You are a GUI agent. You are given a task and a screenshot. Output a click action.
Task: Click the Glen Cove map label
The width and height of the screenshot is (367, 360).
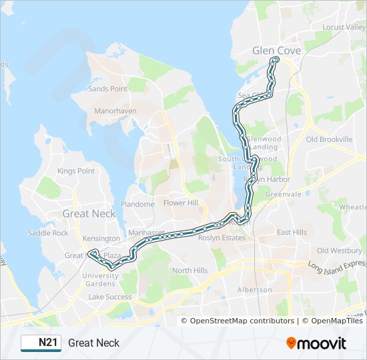(276, 51)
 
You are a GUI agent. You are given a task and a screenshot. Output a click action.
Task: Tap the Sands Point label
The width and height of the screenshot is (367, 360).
(107, 89)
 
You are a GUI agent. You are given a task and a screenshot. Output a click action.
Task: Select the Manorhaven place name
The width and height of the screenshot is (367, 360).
(115, 111)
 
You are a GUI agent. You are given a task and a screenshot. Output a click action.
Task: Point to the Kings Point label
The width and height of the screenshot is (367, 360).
(76, 171)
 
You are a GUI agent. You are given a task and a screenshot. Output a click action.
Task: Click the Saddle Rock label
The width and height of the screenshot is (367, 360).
(48, 233)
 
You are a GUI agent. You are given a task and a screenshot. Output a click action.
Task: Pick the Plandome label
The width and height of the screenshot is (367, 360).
(137, 204)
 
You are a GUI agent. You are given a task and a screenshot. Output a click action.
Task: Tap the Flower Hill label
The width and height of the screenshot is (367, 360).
(181, 203)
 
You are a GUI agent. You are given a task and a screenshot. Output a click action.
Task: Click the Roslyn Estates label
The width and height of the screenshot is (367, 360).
(224, 237)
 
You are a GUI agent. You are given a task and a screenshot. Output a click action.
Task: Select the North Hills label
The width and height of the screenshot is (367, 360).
(190, 271)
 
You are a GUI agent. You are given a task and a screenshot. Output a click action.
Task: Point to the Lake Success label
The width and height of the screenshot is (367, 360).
(110, 297)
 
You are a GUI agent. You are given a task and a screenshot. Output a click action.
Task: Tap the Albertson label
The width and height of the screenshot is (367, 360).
(255, 290)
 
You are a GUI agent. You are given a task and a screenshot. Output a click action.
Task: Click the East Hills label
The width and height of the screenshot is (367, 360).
(292, 232)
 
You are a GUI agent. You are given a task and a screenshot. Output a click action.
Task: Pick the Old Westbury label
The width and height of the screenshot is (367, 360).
(339, 251)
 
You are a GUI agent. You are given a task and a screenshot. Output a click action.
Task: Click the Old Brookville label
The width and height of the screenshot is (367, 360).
(329, 139)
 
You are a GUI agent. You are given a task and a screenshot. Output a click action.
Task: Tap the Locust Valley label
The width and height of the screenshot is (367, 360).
(342, 27)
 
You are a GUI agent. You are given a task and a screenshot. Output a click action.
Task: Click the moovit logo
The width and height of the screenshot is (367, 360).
(316, 343)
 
